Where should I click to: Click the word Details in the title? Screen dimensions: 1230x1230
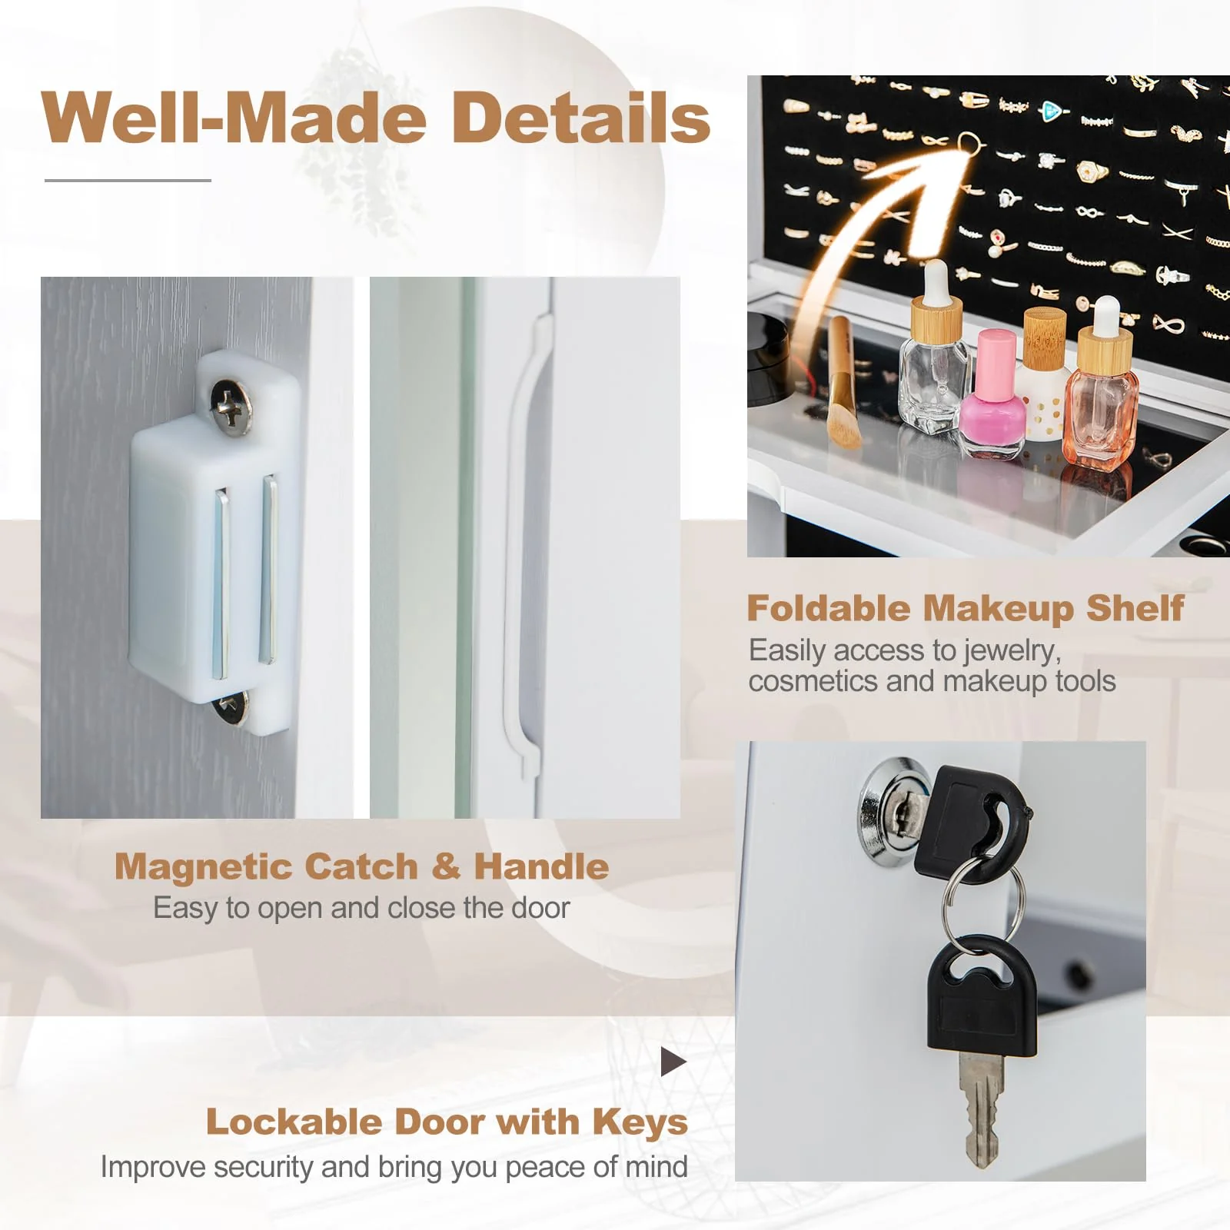[x=581, y=117]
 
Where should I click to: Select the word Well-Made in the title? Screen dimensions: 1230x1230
[x=233, y=117]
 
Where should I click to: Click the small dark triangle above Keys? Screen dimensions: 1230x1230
[x=672, y=1062]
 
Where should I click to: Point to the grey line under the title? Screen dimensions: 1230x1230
[x=128, y=180]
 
